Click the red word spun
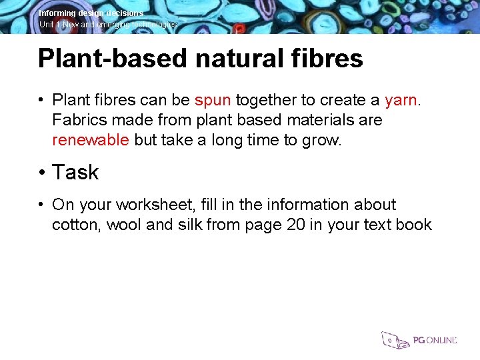pos(213,101)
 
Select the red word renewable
pos(91,140)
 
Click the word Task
pos(75,173)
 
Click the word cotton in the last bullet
pos(75,225)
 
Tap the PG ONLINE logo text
pos(435,340)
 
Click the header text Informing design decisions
pos(91,13)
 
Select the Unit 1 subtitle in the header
pos(108,25)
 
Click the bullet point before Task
pos(41,173)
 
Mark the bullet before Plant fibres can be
pos(41,101)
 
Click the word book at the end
pos(413,225)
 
